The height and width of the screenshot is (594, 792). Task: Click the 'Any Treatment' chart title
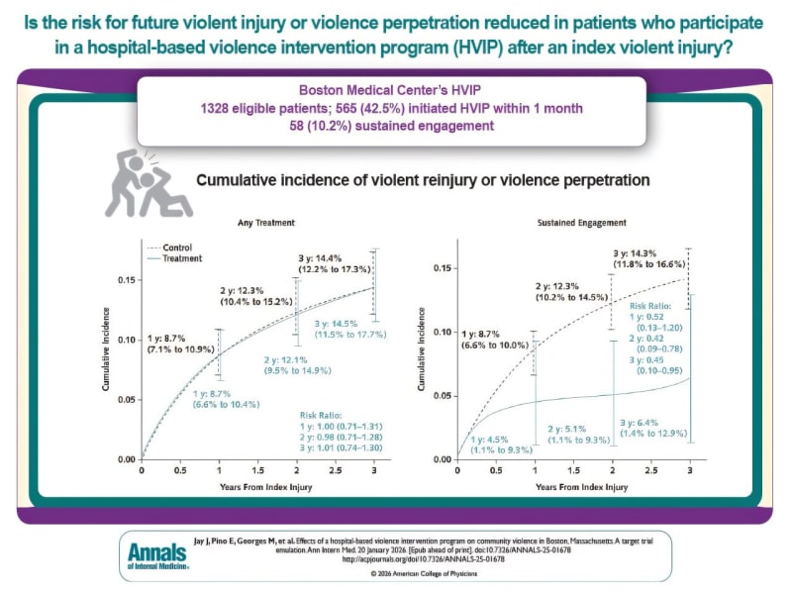260,223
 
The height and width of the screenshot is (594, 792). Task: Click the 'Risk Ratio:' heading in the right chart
652,307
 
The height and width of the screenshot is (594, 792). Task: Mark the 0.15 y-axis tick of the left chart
127,280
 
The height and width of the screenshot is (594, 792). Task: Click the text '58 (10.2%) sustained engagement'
396,126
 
